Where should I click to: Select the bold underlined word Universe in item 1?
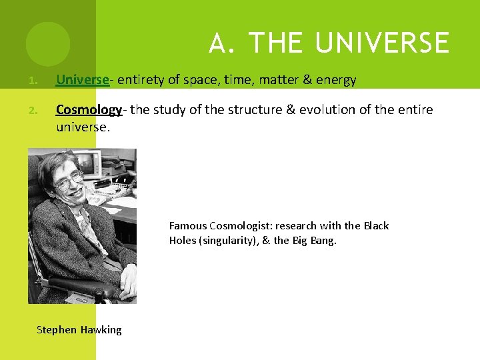(x=82, y=80)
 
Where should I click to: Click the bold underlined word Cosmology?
(x=89, y=109)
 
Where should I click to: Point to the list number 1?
(x=32, y=81)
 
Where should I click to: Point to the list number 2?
(x=32, y=110)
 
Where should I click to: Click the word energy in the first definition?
(x=337, y=81)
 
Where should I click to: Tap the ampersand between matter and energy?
(x=308, y=80)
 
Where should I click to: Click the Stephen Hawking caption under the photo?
(x=79, y=329)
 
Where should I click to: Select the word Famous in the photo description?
(x=188, y=225)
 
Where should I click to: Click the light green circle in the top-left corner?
(x=48, y=44)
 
